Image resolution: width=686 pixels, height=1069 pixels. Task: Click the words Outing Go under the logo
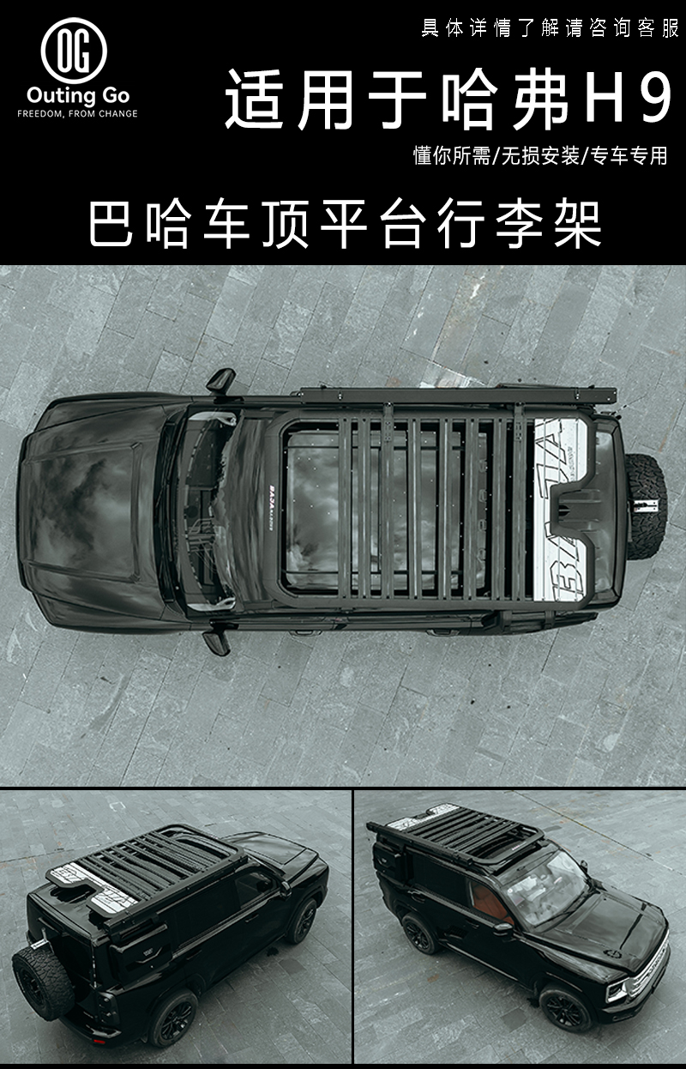[78, 95]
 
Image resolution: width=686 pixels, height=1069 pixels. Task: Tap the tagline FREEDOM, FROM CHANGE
[78, 113]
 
